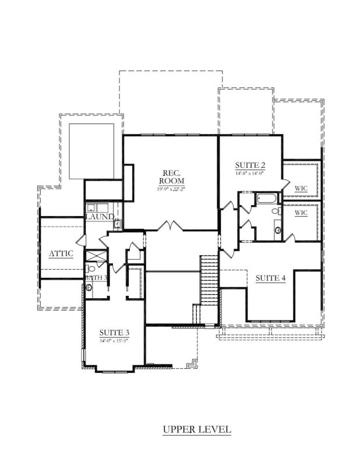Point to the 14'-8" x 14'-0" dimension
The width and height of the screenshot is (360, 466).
249,173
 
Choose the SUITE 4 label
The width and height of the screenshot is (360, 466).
271,278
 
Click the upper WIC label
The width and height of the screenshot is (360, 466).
301,188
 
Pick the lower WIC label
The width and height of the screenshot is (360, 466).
301,213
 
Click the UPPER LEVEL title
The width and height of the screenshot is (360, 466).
197,430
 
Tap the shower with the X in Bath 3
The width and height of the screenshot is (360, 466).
96,256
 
